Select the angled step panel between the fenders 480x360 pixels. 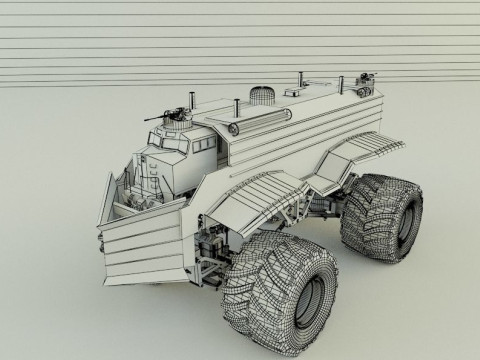[x=320, y=180]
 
